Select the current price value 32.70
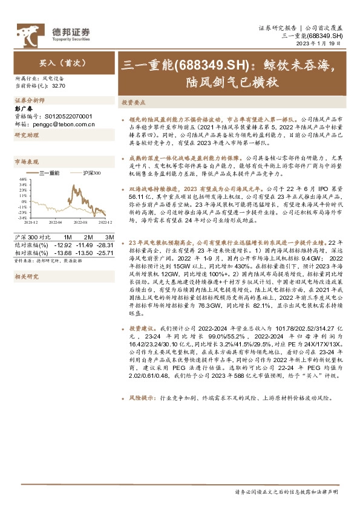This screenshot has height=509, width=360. [x=59, y=86]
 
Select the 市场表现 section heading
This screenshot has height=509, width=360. [x=26, y=162]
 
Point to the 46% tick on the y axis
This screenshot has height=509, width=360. [x=22, y=180]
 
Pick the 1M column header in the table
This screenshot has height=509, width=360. [x=68, y=236]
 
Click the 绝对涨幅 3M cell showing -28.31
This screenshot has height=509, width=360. [x=105, y=244]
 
